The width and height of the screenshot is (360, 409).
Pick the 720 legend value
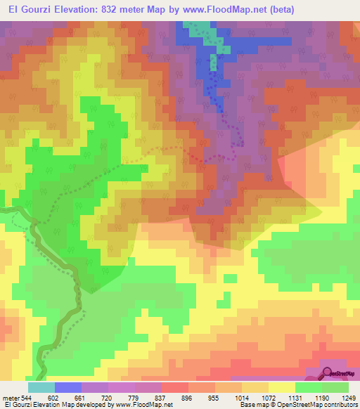[x=108, y=397]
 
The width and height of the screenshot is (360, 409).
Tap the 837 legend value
[x=161, y=397]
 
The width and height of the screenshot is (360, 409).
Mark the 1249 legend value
[x=347, y=397]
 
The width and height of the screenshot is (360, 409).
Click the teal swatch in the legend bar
[x=41, y=387]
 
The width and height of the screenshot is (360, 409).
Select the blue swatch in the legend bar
[x=68, y=387]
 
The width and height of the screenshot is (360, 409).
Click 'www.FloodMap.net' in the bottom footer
[x=146, y=405]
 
